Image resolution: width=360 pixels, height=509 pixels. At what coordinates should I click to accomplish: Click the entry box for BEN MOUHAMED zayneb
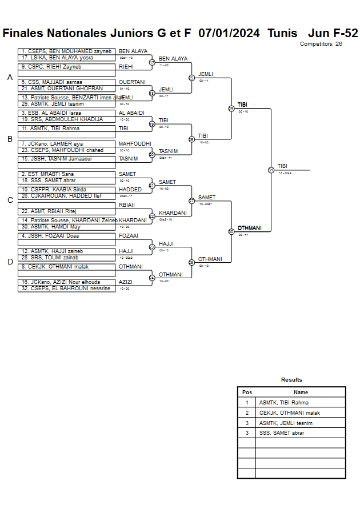66,51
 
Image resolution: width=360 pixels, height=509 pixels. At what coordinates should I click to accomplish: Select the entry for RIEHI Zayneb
66,67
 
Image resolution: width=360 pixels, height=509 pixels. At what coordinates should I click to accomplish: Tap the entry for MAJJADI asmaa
66,82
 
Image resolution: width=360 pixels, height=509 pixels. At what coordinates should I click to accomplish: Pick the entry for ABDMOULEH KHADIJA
66,119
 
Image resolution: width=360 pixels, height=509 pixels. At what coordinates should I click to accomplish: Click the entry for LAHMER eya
66,144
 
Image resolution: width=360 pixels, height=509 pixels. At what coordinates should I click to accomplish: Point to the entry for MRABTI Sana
66,174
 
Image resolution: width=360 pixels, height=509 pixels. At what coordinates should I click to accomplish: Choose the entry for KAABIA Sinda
66,190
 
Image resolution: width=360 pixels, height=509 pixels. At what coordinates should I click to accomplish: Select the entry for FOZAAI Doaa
66,236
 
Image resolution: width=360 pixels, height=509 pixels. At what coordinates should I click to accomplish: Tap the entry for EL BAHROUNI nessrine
66,288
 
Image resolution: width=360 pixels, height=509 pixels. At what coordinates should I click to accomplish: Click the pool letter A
10,78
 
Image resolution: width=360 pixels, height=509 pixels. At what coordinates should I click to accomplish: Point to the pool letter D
10,262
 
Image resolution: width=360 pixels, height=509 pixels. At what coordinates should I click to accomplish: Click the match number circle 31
271,170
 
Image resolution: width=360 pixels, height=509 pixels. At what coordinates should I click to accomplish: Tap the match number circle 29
231,109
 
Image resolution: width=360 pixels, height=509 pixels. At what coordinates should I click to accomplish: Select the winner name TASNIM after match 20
168,151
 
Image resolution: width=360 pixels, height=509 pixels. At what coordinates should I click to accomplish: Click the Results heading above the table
291,380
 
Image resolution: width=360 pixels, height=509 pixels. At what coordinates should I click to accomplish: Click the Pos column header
247,392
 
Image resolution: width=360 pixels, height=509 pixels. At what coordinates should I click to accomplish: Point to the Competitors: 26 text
321,43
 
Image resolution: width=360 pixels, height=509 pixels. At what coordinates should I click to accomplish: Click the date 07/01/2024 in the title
229,33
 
